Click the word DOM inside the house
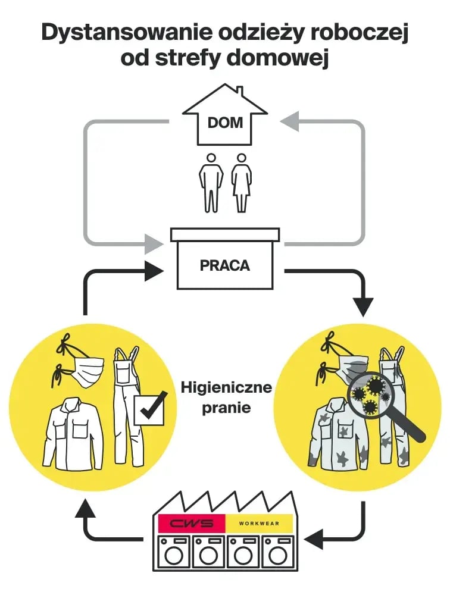[225, 123]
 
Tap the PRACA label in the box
[225, 265]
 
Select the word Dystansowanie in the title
[127, 33]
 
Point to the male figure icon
[211, 183]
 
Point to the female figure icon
[241, 183]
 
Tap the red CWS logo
[192, 524]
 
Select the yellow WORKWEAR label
[259, 524]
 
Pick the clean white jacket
[73, 433]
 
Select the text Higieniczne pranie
[226, 397]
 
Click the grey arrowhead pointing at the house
[289, 121]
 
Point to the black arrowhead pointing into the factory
[314, 539]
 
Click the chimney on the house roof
[239, 92]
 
